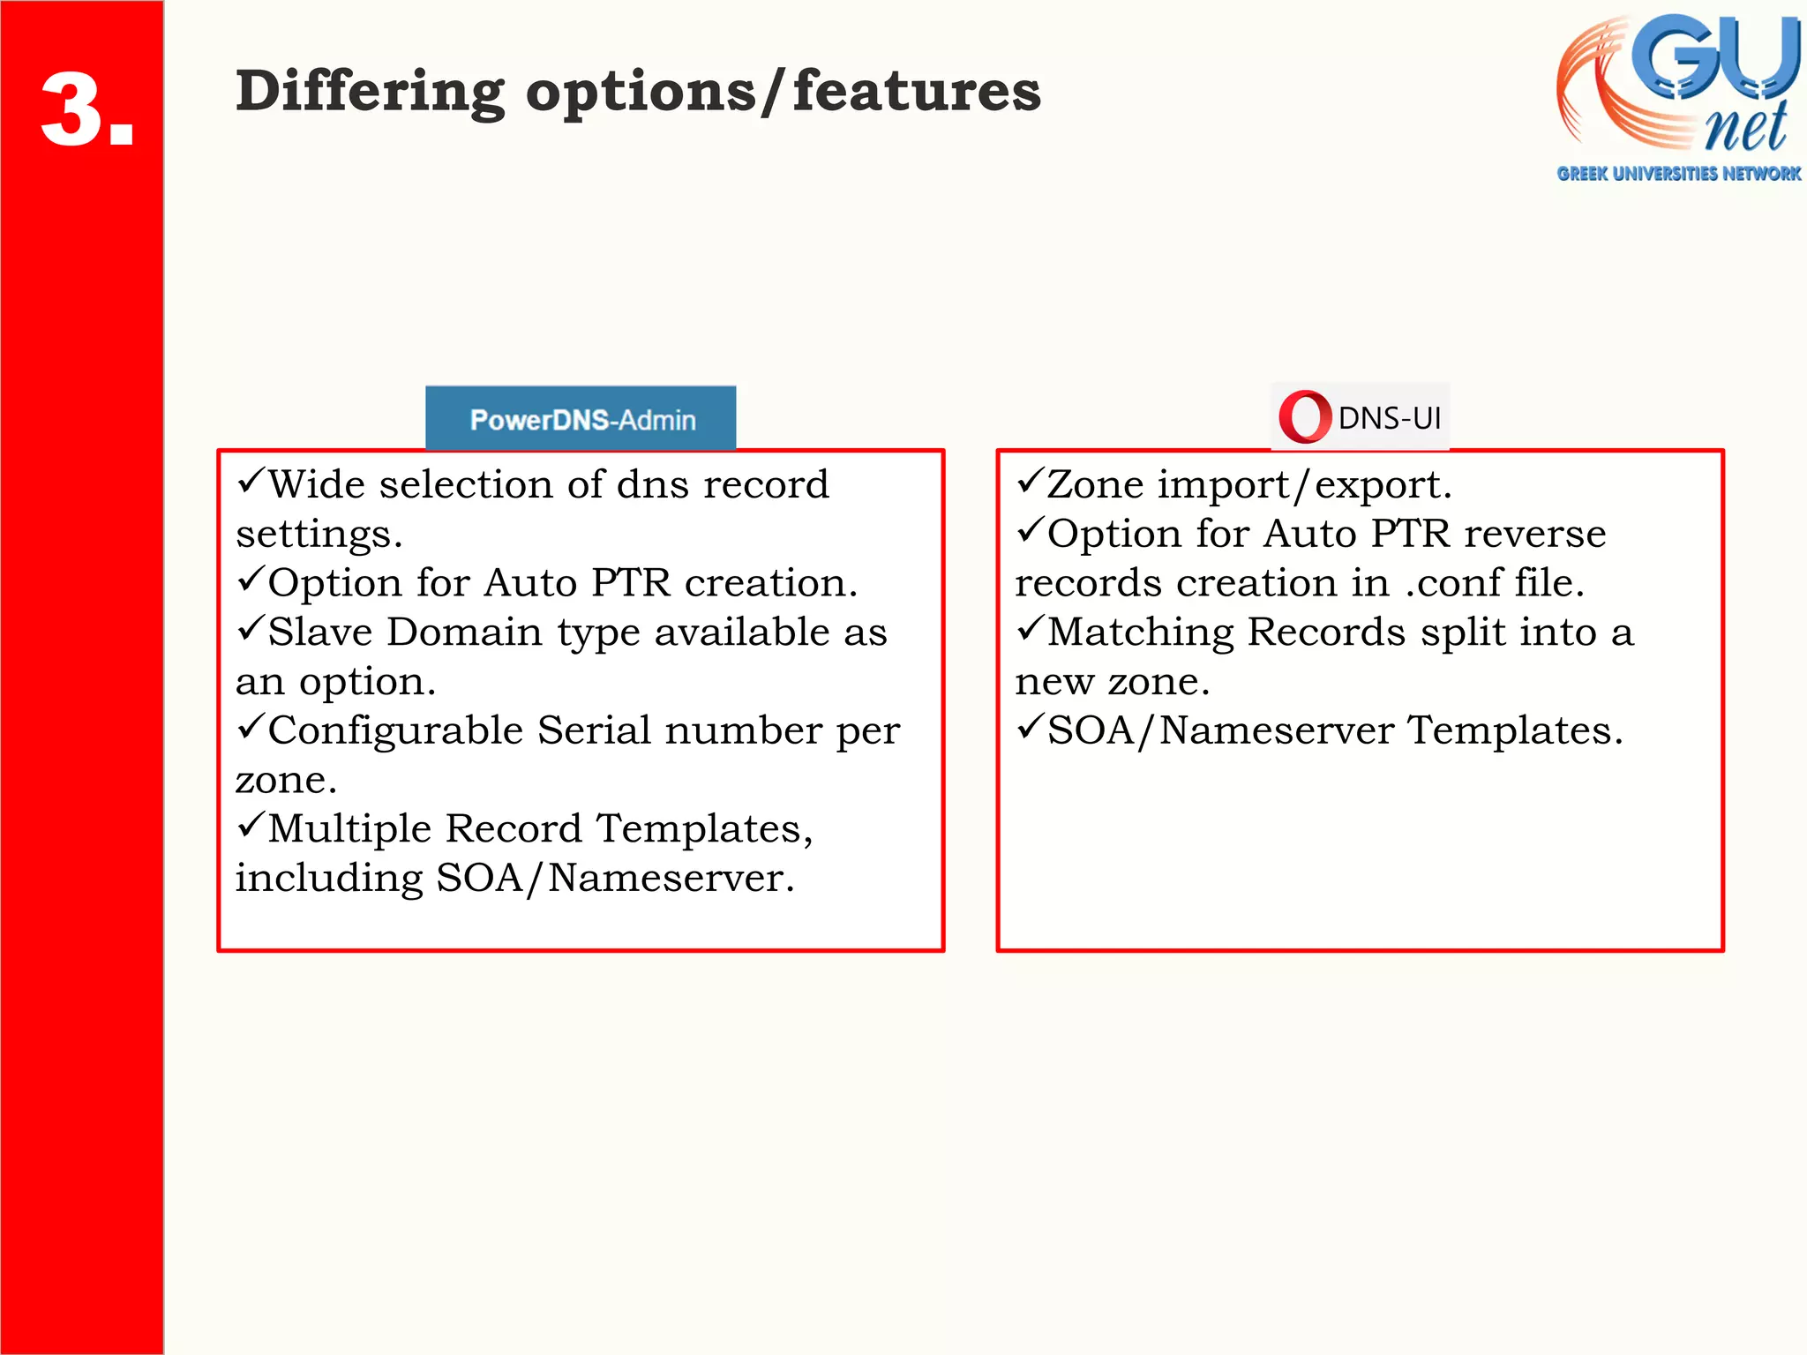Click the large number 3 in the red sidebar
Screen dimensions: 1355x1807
pyautogui.click(x=75, y=110)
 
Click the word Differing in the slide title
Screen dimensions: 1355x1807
pyautogui.click(x=370, y=93)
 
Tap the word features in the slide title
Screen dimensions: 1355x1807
pyautogui.click(x=917, y=91)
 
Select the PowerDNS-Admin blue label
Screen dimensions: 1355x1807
pyautogui.click(x=581, y=419)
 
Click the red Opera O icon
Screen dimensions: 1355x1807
pyautogui.click(x=1304, y=416)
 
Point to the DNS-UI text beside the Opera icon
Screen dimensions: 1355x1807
pyautogui.click(x=1389, y=418)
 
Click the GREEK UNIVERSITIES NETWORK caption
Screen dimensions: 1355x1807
pyautogui.click(x=1678, y=174)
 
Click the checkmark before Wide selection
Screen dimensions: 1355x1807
pyautogui.click(x=251, y=481)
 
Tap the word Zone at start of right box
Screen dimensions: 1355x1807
pyautogui.click(x=1094, y=485)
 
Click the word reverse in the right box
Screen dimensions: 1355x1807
pyautogui.click(x=1534, y=535)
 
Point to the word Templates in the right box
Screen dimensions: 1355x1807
pyautogui.click(x=1514, y=730)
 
